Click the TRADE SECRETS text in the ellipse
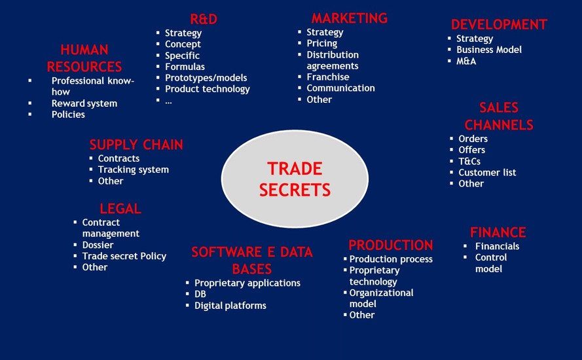click(x=295, y=179)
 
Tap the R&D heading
click(x=204, y=19)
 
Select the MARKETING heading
click(x=350, y=18)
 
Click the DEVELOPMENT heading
click(x=499, y=24)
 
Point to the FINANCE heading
click(x=498, y=232)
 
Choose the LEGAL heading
click(x=120, y=209)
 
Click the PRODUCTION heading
click(x=390, y=245)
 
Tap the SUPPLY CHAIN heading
click(x=136, y=145)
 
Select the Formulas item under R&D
click(x=185, y=67)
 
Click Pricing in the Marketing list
click(x=322, y=43)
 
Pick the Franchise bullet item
click(x=328, y=77)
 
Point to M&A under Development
click(x=466, y=61)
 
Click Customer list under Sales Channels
click(x=487, y=172)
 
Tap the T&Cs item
click(x=469, y=161)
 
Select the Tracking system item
click(x=134, y=170)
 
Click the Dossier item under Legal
click(x=98, y=245)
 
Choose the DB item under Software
click(x=200, y=294)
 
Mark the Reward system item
click(x=84, y=103)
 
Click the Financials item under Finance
click(x=497, y=246)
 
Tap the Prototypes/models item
click(x=206, y=78)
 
